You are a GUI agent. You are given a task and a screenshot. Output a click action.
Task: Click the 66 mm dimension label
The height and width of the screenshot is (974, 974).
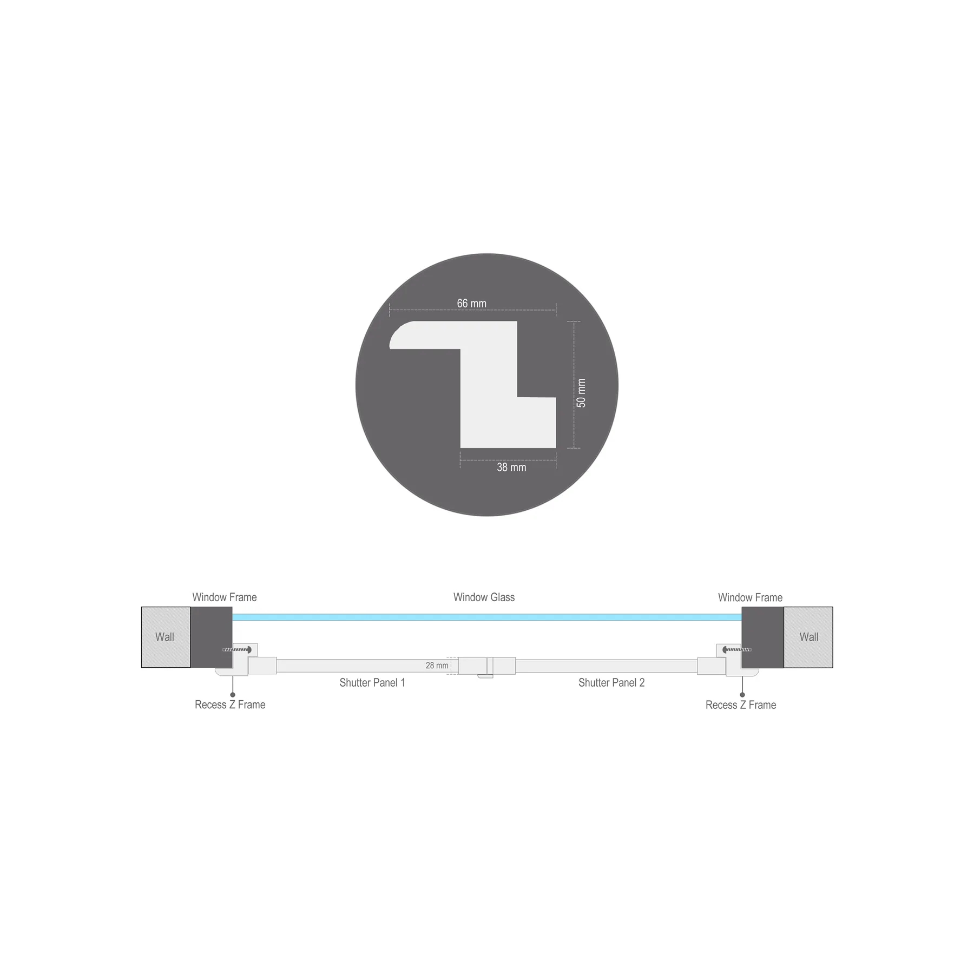point(471,304)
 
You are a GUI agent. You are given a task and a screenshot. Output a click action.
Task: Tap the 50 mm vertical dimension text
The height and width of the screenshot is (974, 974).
point(581,393)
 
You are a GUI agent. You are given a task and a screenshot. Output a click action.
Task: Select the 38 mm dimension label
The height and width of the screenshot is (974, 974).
point(511,468)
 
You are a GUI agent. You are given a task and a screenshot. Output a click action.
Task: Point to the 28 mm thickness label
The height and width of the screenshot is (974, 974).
point(437,666)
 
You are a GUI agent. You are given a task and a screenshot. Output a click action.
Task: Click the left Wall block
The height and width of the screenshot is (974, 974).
point(166,637)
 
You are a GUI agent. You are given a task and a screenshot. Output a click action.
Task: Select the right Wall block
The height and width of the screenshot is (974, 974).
point(808,637)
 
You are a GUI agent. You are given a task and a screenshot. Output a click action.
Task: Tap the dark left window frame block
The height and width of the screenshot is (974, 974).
point(211,637)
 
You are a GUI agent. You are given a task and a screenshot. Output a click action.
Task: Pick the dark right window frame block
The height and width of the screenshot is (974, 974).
point(762,637)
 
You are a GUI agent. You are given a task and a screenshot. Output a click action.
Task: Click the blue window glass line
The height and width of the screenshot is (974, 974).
point(487,617)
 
